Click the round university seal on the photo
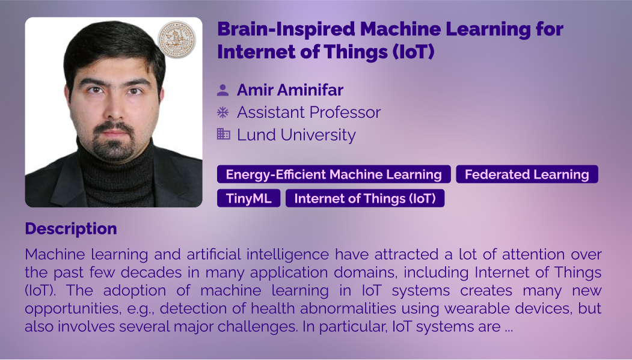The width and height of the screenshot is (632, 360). (177, 40)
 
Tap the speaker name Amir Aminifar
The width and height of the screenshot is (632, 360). (290, 90)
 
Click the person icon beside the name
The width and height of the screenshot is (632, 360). (223, 90)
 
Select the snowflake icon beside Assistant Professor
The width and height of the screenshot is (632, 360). (223, 112)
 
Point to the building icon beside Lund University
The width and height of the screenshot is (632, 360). (223, 134)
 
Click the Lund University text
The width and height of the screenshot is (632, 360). (296, 135)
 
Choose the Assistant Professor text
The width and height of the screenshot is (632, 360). (308, 112)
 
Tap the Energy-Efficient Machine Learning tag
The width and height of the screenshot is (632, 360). (334, 174)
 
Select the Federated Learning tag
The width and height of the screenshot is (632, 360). (527, 174)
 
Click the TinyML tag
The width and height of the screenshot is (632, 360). (249, 198)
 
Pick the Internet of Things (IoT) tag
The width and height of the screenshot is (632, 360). (365, 198)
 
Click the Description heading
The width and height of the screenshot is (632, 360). (71, 229)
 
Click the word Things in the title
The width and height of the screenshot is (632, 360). (356, 52)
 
